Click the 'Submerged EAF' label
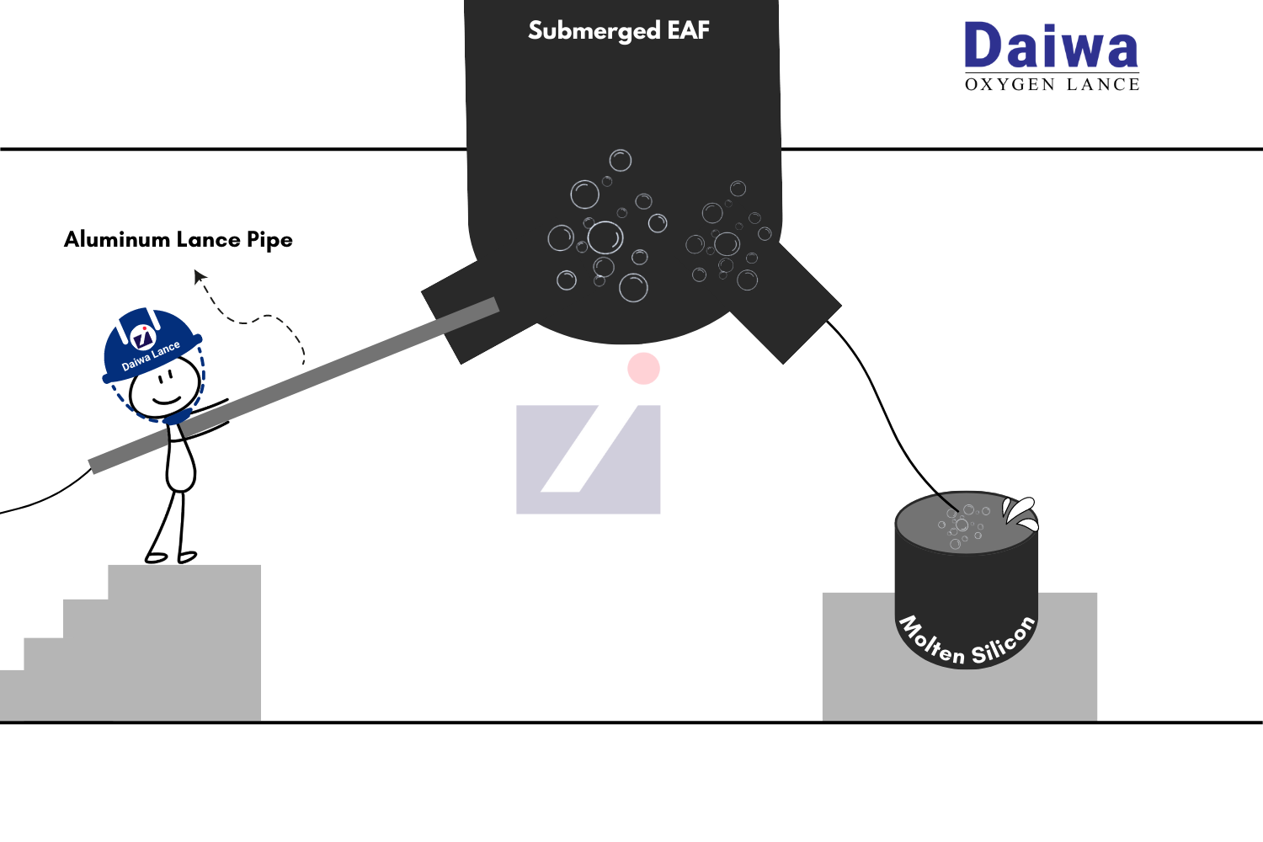[x=619, y=31]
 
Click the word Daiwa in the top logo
[x=1051, y=47]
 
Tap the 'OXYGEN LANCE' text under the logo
[x=1052, y=84]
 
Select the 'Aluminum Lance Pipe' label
[x=179, y=240]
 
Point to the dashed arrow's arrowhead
[x=200, y=275]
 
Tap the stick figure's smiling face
[x=166, y=388]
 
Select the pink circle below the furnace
[x=643, y=369]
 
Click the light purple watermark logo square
[x=588, y=460]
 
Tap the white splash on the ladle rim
[x=1021, y=512]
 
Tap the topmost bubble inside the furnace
[x=621, y=160]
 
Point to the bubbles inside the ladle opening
[x=962, y=525]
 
